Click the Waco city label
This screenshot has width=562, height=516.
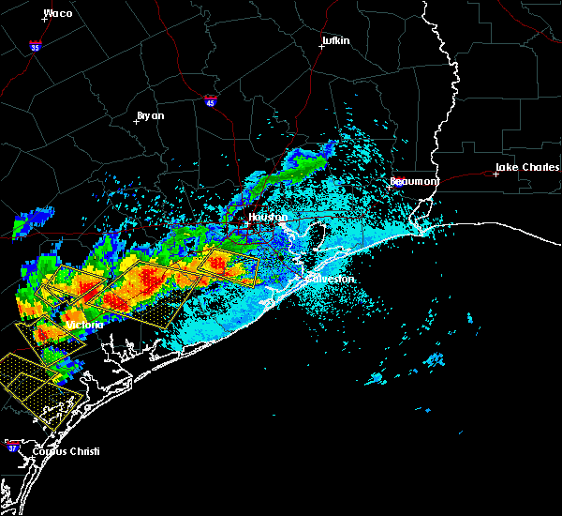coord(59,14)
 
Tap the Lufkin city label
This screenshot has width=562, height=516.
coord(335,41)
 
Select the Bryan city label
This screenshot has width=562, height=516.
coord(151,115)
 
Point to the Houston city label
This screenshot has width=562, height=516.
coord(265,217)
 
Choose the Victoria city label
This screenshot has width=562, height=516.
coord(84,325)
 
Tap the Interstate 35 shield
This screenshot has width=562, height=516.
coord(35,45)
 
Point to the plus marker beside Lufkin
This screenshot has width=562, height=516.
coord(320,46)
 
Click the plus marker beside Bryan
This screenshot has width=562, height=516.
coord(136,120)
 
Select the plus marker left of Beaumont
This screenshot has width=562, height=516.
coord(389,186)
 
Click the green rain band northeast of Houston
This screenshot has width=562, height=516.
coord(295,170)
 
